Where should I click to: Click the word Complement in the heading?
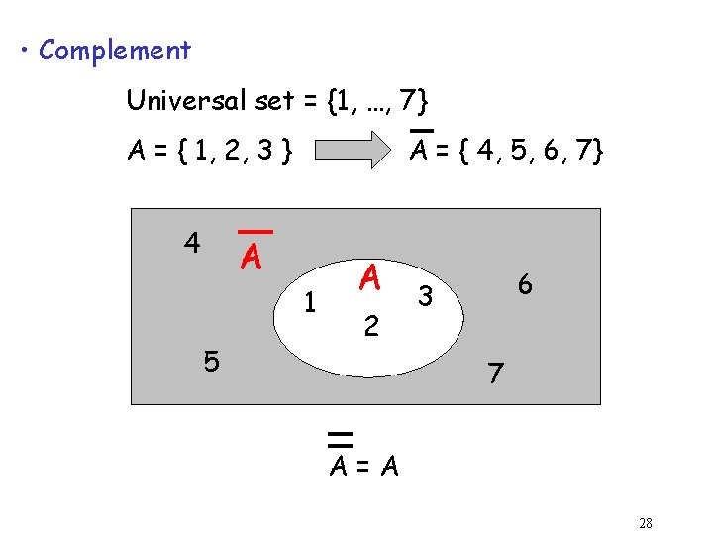pos(114,50)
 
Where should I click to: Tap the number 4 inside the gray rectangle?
pos(192,242)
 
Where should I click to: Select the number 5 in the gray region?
pos(211,362)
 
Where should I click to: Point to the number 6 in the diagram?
pos(525,284)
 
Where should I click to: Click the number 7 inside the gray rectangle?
pos(496,374)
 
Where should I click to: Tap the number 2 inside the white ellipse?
pos(369,326)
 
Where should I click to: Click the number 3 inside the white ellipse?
pos(425,294)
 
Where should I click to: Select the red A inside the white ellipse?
pos(370,278)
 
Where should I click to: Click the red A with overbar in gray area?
pos(252,258)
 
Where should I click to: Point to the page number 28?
pos(645,523)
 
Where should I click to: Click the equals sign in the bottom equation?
pos(363,466)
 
